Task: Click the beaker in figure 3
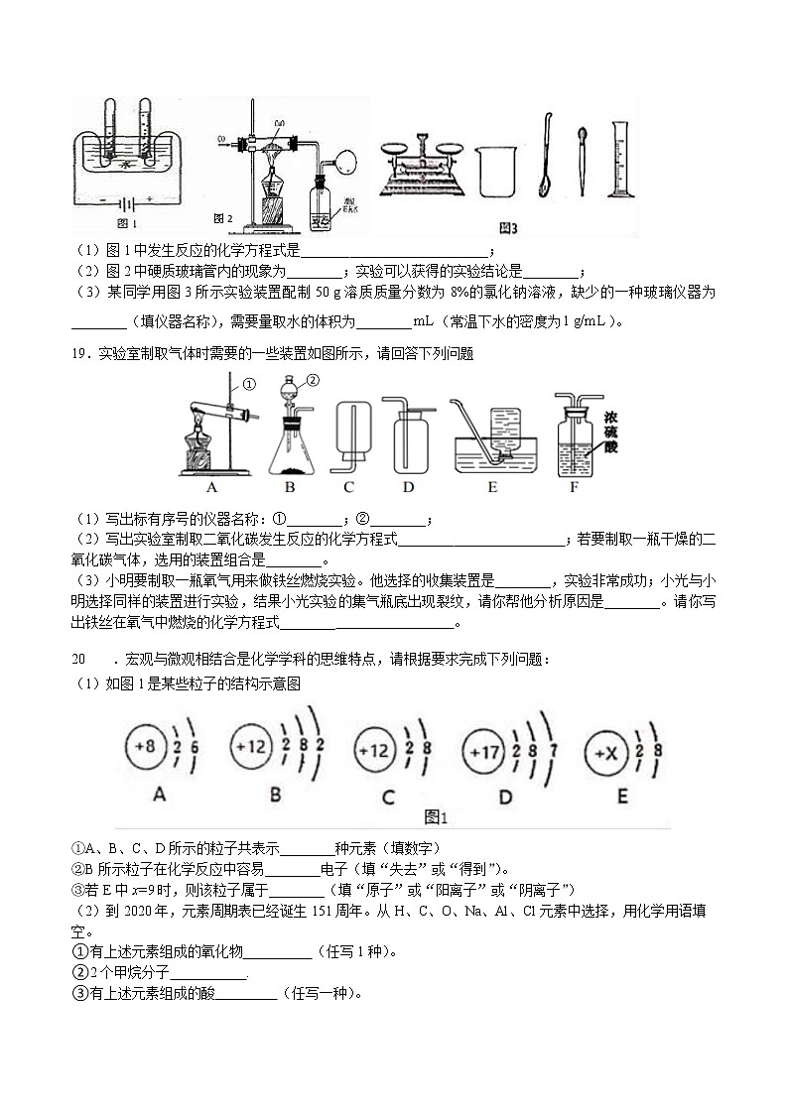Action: coord(495,169)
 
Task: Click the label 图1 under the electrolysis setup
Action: coord(126,221)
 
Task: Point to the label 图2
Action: coord(223,218)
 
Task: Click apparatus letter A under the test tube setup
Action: coord(210,487)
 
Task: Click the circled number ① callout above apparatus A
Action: coord(249,384)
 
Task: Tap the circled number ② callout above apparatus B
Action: coord(313,380)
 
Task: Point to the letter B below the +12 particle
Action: coord(275,795)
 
